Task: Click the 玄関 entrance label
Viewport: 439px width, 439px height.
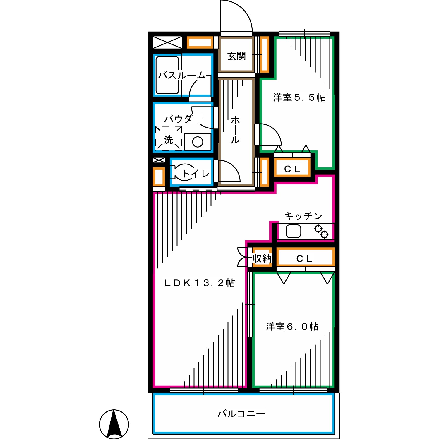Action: pos(236,56)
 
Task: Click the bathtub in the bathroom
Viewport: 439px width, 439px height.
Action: pos(167,75)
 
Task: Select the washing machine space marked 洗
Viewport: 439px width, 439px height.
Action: pos(169,138)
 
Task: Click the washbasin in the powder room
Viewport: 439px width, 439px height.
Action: pos(198,142)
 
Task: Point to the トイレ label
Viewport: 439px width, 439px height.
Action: pos(196,174)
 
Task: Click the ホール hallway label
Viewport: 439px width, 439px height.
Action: pos(235,130)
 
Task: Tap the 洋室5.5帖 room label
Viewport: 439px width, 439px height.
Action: pos(299,97)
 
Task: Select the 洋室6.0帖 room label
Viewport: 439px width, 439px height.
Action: pos(292,326)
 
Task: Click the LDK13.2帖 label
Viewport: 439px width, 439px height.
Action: pos(200,283)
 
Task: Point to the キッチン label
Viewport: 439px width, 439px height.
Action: pos(303,216)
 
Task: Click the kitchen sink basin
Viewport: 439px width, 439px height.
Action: pos(293,231)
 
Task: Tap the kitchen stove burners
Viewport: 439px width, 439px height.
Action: pos(321,231)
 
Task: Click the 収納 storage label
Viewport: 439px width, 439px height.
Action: pos(262,258)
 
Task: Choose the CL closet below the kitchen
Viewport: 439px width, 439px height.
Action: pos(305,258)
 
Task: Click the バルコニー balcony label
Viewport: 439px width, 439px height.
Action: pos(241,414)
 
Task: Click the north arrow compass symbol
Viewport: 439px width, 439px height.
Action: pos(114,424)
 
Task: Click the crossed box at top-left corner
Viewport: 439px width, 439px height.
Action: pos(167,42)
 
